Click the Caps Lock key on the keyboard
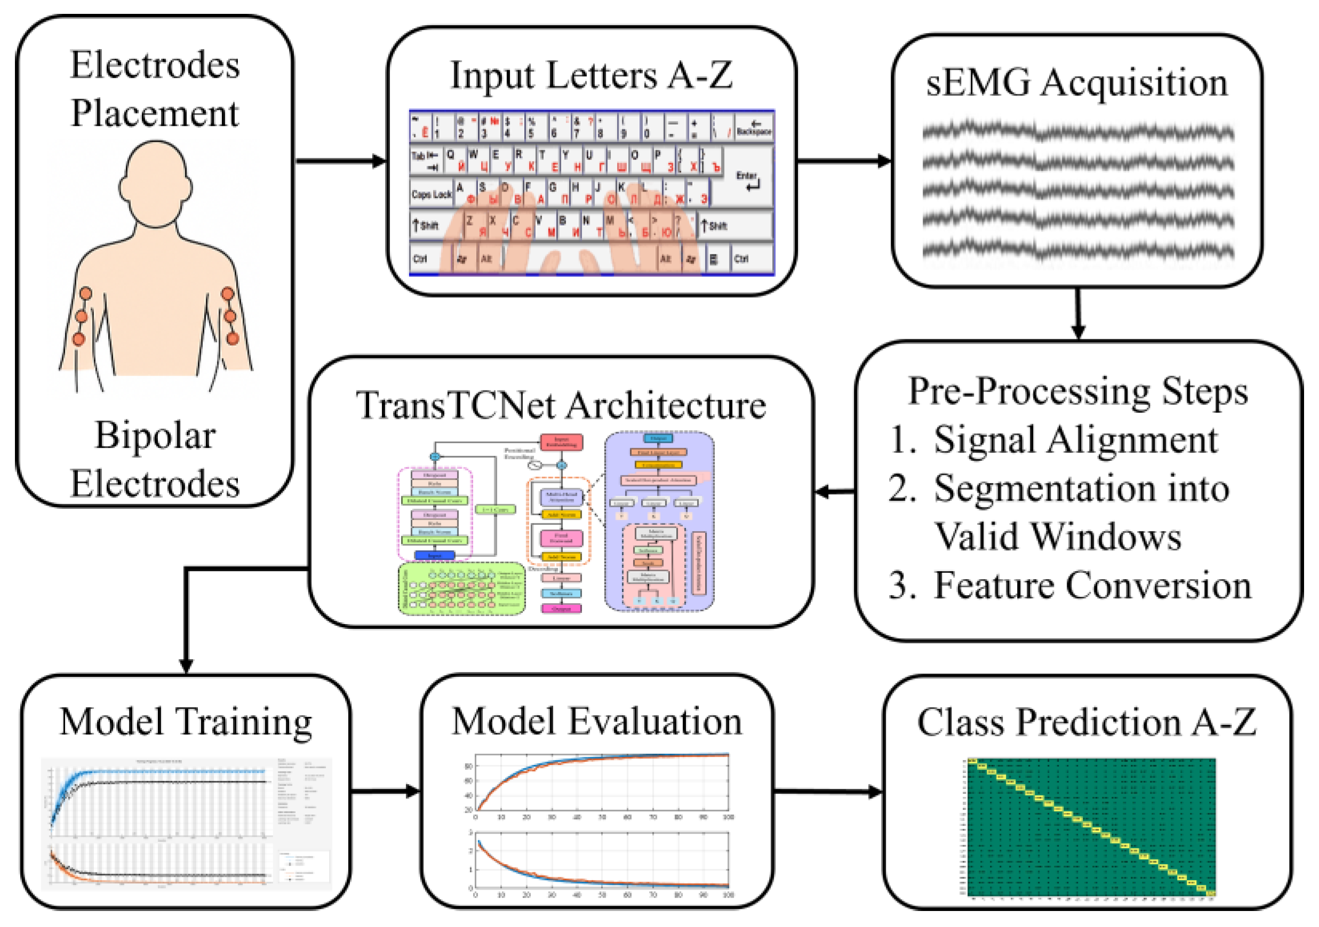click(431, 194)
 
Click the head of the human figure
click(155, 184)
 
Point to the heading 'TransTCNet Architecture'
click(561, 405)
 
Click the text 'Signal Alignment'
click(1075, 440)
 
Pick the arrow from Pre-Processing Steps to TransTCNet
click(835, 492)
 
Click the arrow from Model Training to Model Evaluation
click(386, 792)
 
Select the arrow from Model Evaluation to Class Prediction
click(827, 792)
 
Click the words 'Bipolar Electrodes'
click(155, 459)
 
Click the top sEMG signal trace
click(1078, 133)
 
